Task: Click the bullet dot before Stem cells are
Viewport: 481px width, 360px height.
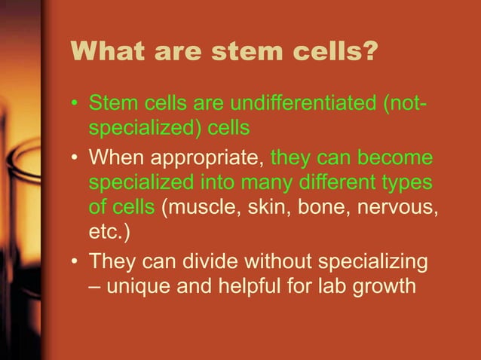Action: pos(75,102)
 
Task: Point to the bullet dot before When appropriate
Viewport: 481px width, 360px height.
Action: pos(75,159)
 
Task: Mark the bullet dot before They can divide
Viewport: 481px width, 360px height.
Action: pos(75,261)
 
